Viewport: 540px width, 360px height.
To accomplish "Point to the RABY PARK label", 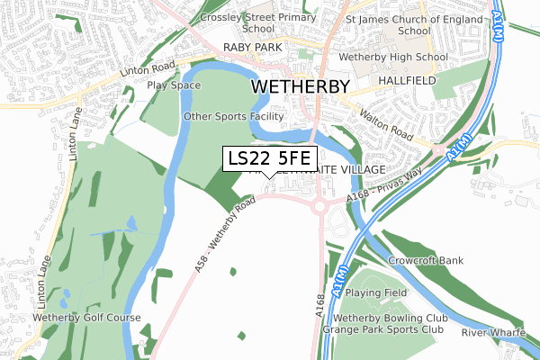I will coord(254,47).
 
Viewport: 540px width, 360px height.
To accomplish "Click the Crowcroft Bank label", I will coord(426,261).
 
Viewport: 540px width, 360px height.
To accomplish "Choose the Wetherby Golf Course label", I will coord(86,318).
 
